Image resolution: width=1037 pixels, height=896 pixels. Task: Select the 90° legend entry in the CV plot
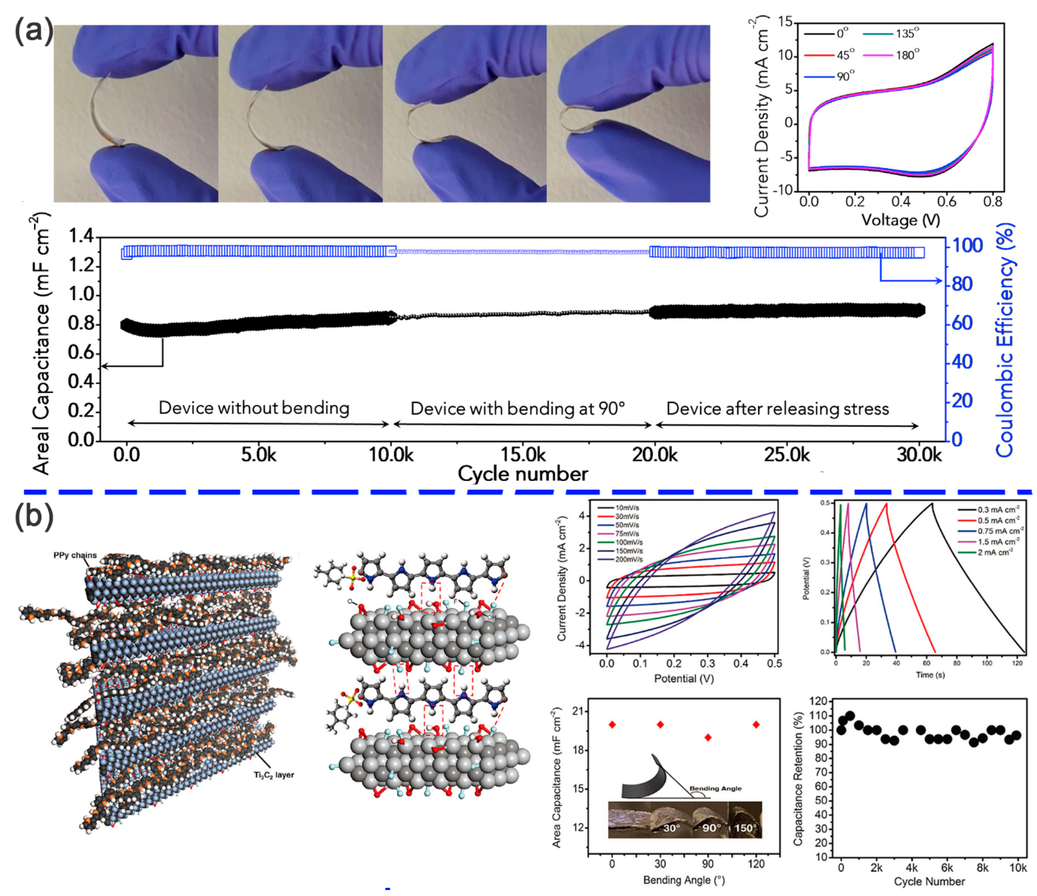(x=845, y=77)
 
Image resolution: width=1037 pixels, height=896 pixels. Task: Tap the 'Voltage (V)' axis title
(x=900, y=220)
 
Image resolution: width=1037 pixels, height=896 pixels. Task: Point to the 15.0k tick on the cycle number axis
(x=523, y=455)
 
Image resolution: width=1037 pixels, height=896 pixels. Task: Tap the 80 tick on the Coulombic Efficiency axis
(x=962, y=284)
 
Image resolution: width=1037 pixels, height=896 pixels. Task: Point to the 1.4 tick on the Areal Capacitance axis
(x=81, y=235)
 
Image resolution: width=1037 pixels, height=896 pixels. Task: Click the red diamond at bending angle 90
(x=708, y=737)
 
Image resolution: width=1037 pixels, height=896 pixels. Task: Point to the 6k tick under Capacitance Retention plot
(x=947, y=867)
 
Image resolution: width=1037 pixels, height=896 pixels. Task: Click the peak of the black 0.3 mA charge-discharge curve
(x=932, y=503)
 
